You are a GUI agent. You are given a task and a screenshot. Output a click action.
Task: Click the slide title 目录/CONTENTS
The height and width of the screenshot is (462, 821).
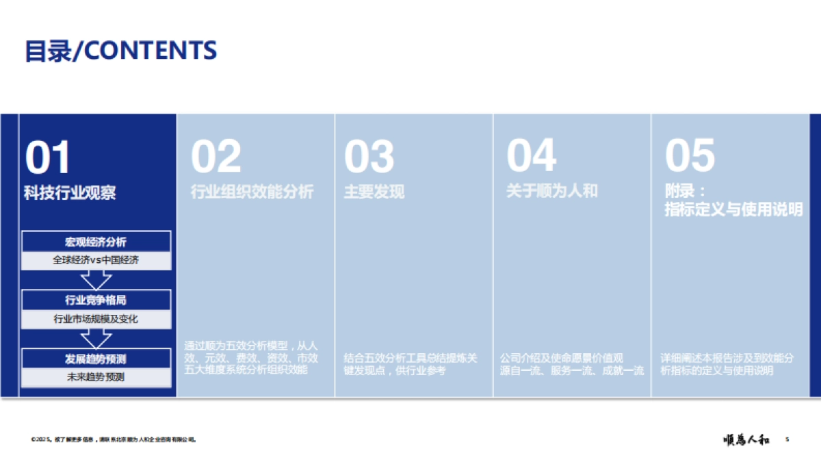(120, 50)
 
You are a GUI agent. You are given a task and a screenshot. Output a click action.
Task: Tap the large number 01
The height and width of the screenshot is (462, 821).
(48, 157)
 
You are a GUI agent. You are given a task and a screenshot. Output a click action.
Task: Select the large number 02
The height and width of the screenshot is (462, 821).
(216, 157)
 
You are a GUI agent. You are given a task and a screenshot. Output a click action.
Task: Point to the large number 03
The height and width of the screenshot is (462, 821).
(369, 157)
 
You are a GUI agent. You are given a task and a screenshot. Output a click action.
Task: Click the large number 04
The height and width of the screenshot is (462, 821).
(531, 157)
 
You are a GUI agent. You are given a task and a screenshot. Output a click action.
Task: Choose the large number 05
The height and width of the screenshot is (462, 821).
(690, 157)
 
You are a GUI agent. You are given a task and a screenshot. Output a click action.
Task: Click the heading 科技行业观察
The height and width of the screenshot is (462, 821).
(70, 193)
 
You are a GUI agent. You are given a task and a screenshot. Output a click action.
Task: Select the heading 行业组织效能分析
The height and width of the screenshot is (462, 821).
(252, 192)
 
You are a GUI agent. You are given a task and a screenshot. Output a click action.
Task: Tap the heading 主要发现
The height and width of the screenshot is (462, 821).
(374, 192)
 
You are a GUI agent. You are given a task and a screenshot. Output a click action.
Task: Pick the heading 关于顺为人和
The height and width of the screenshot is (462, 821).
(551, 191)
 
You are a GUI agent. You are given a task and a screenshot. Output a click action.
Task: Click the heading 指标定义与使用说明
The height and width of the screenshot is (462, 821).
(733, 210)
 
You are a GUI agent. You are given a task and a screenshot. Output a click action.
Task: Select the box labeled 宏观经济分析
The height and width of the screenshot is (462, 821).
(96, 242)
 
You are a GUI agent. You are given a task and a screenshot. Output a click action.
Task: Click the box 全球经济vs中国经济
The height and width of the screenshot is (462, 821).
(96, 260)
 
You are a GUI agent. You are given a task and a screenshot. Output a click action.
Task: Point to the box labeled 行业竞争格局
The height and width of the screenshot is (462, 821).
(96, 300)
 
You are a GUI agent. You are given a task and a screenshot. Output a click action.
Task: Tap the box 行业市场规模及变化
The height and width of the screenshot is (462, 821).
(96, 319)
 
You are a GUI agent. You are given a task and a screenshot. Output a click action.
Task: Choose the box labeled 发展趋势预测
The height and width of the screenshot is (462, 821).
(96, 358)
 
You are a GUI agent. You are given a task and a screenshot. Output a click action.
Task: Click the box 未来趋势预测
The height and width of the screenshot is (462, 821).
(96, 376)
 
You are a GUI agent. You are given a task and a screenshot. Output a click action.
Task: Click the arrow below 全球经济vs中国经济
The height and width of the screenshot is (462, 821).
(96, 279)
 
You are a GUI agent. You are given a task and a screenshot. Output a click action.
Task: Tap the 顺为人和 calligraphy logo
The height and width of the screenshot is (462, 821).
(746, 440)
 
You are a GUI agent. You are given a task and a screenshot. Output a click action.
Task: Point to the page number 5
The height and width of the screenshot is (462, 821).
(787, 439)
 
